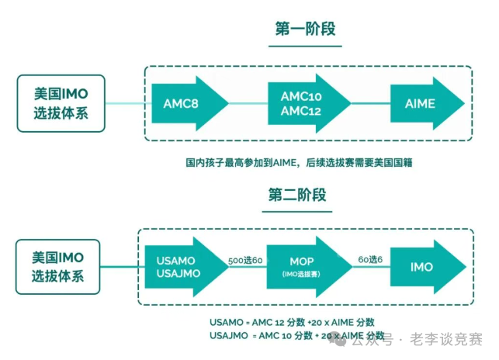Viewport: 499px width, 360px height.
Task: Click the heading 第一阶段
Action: [x=306, y=30]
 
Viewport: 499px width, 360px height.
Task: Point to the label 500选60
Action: [x=244, y=261]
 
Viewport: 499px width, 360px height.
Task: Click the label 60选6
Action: [x=370, y=261]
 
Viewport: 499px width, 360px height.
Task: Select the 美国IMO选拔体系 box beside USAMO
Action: [x=58, y=266]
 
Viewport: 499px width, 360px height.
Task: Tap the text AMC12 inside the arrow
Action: [x=301, y=112]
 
